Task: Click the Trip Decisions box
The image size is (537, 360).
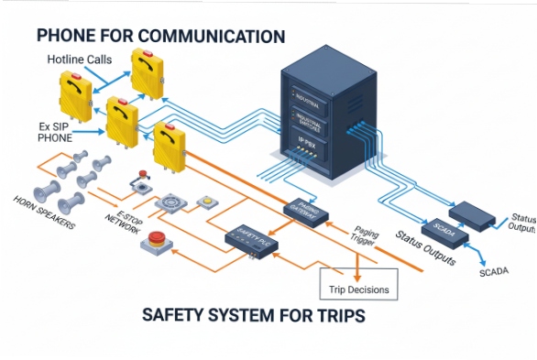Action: [x=358, y=289]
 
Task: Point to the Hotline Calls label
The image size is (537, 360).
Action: [x=81, y=60]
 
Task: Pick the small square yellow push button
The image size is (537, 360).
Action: [x=207, y=201]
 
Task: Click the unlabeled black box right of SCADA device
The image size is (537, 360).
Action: [x=477, y=214]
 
